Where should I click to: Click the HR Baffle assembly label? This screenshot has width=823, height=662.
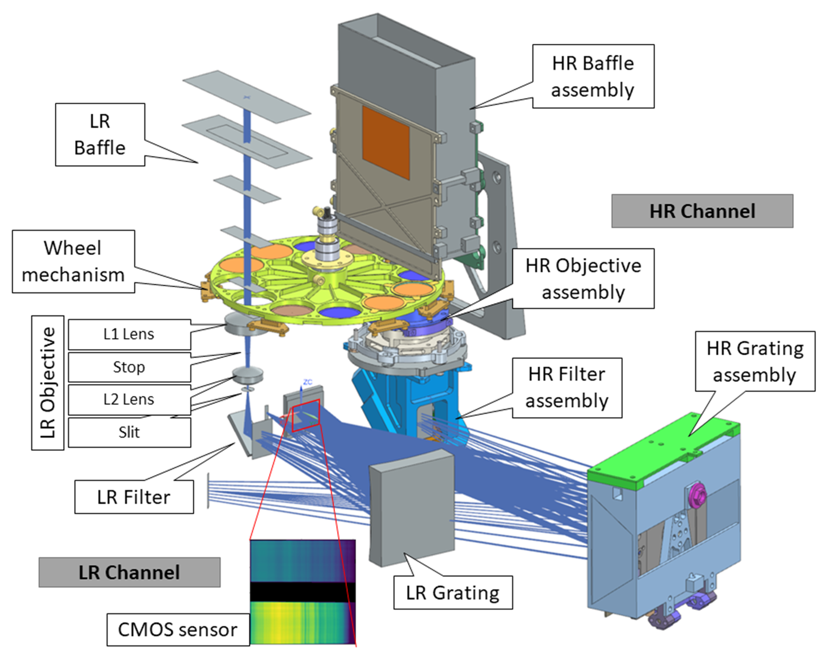coord(593,76)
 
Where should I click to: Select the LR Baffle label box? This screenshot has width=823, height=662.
coord(100,135)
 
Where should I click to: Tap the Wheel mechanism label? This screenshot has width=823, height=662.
coord(73,262)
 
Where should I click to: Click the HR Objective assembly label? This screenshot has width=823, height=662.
coord(583,279)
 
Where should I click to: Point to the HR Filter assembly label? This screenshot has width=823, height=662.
coord(567,388)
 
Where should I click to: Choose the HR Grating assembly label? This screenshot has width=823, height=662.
coord(755,362)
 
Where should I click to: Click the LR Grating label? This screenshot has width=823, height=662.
coord(453,593)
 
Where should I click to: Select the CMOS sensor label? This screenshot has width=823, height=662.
coord(178,629)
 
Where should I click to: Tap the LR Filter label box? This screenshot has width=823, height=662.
coord(134,497)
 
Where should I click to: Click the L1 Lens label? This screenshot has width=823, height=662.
coord(129,334)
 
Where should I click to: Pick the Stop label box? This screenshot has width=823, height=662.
coord(129,367)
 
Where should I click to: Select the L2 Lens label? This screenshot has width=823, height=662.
coord(129,399)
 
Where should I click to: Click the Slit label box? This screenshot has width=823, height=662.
coord(129,432)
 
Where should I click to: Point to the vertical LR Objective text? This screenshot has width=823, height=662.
coord(47,383)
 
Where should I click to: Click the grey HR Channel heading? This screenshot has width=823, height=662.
coord(702,211)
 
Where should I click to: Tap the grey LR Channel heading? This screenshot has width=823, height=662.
coord(129,572)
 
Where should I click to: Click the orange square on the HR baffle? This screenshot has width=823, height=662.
coord(386,142)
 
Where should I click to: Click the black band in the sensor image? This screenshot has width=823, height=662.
coord(302,592)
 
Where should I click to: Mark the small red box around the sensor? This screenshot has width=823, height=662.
coord(305,416)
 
